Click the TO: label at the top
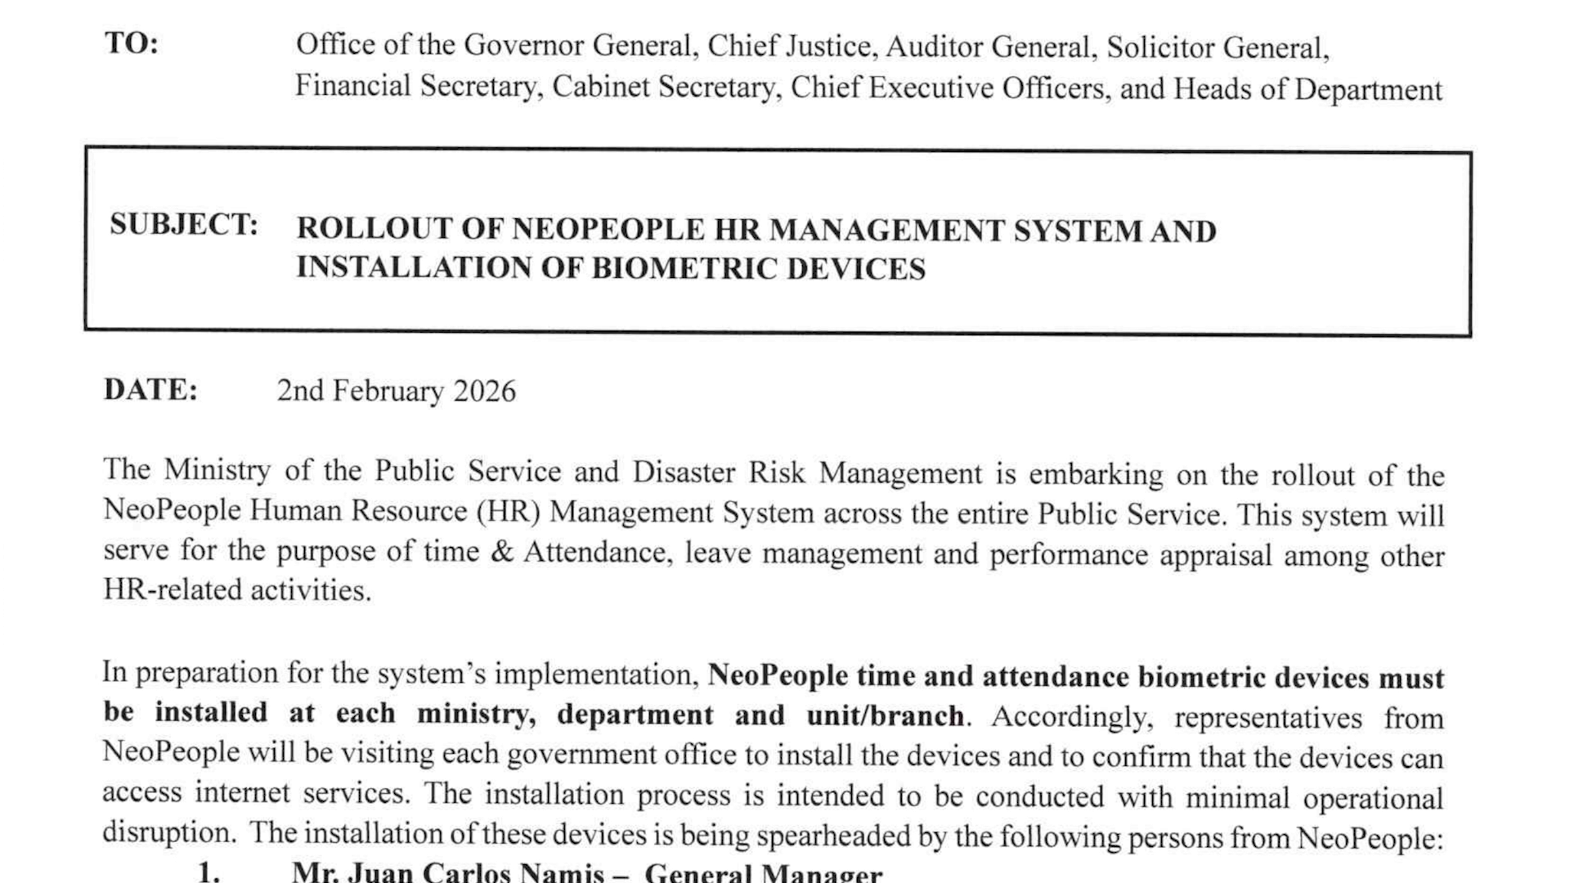[x=132, y=43]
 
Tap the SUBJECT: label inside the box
[x=184, y=224]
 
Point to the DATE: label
[x=150, y=390]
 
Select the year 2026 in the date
[x=484, y=392]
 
